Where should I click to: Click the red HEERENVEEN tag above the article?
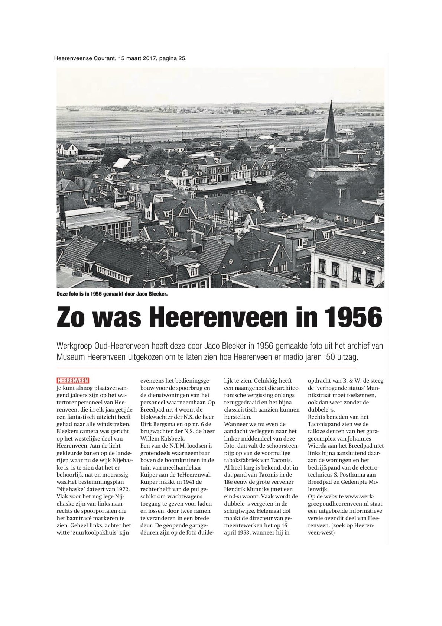(73, 380)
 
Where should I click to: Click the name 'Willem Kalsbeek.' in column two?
(160, 438)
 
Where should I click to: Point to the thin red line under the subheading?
(206, 368)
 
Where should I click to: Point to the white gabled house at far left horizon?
(67, 149)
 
